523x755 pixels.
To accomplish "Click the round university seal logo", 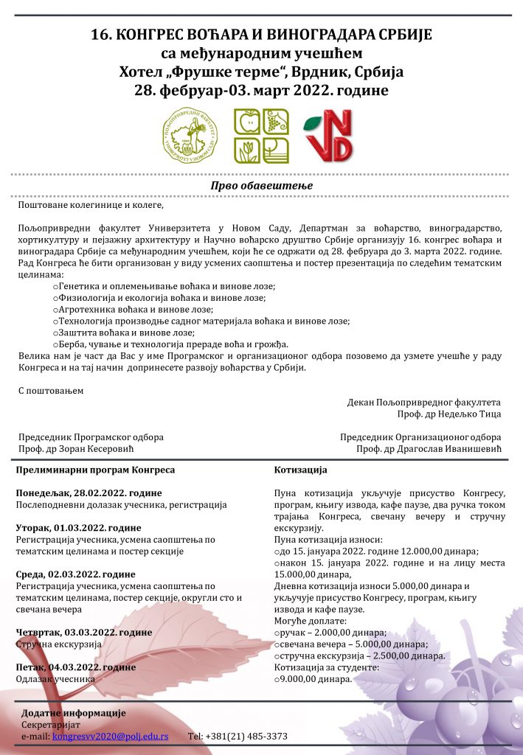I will coord(191,136).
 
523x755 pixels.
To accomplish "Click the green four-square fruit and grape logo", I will coord(261,136).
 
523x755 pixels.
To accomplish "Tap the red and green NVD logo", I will coord(329,137).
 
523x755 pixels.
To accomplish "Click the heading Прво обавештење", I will coord(261,186).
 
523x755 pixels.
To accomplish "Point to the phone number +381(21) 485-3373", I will coord(238,736).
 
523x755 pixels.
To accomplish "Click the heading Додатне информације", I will coord(74,713).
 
